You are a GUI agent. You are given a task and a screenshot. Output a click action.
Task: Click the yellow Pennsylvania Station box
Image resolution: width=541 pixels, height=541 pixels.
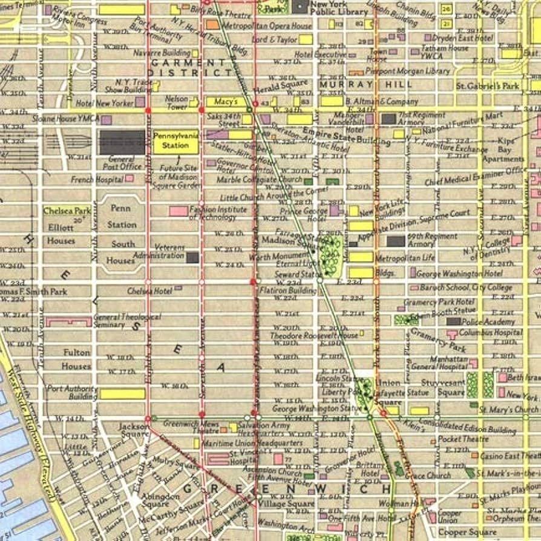coord(175,142)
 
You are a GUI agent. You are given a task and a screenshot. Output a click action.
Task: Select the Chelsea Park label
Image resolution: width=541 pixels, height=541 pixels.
coord(67,211)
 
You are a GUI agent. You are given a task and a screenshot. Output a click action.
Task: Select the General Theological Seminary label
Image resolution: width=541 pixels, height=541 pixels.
coord(127,321)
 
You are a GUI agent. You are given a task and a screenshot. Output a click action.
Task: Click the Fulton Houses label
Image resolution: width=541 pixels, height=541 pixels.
coord(76,359)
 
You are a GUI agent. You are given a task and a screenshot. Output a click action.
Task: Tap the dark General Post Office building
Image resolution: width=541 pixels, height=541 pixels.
coord(122,143)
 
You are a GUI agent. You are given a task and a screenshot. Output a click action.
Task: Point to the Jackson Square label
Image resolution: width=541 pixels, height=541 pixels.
coord(134,430)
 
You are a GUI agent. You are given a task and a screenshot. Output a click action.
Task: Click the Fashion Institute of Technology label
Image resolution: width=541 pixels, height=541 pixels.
coord(218,213)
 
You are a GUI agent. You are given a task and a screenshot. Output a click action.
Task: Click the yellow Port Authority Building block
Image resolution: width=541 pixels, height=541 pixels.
coord(122,394)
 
